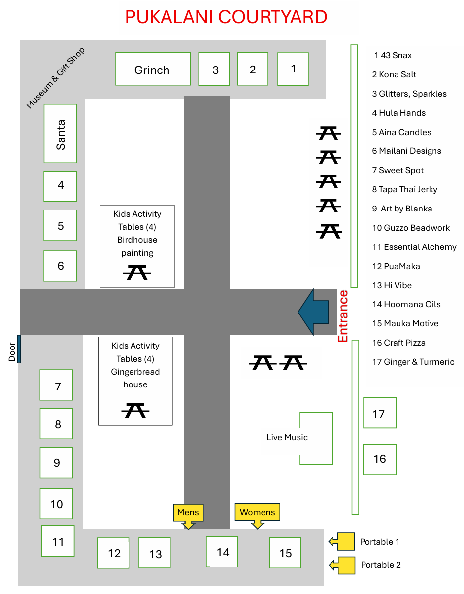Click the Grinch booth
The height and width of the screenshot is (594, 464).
point(153,69)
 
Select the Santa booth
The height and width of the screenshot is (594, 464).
point(61,133)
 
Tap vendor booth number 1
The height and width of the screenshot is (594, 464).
point(293,69)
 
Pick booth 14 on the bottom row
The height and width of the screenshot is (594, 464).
point(222,552)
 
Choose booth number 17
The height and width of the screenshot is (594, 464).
point(379,413)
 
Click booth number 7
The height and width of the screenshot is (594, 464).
point(56,384)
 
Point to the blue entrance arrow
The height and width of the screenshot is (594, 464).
point(313,312)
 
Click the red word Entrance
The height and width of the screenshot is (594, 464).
point(343,316)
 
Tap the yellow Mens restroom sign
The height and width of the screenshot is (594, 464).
point(188,516)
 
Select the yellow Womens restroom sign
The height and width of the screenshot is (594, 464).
point(257,516)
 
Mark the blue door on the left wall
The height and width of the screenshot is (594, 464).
point(19,349)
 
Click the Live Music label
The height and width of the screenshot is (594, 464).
point(287,437)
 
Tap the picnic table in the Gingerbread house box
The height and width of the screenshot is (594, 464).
point(135,410)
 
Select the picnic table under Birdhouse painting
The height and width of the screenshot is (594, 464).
point(137,272)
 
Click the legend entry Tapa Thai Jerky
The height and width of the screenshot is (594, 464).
point(404,189)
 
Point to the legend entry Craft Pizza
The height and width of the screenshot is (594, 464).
point(398,343)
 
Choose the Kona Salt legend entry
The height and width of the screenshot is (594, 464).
point(394,74)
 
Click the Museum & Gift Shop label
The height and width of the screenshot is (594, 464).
point(56,78)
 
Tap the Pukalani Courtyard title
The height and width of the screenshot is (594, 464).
point(226,17)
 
